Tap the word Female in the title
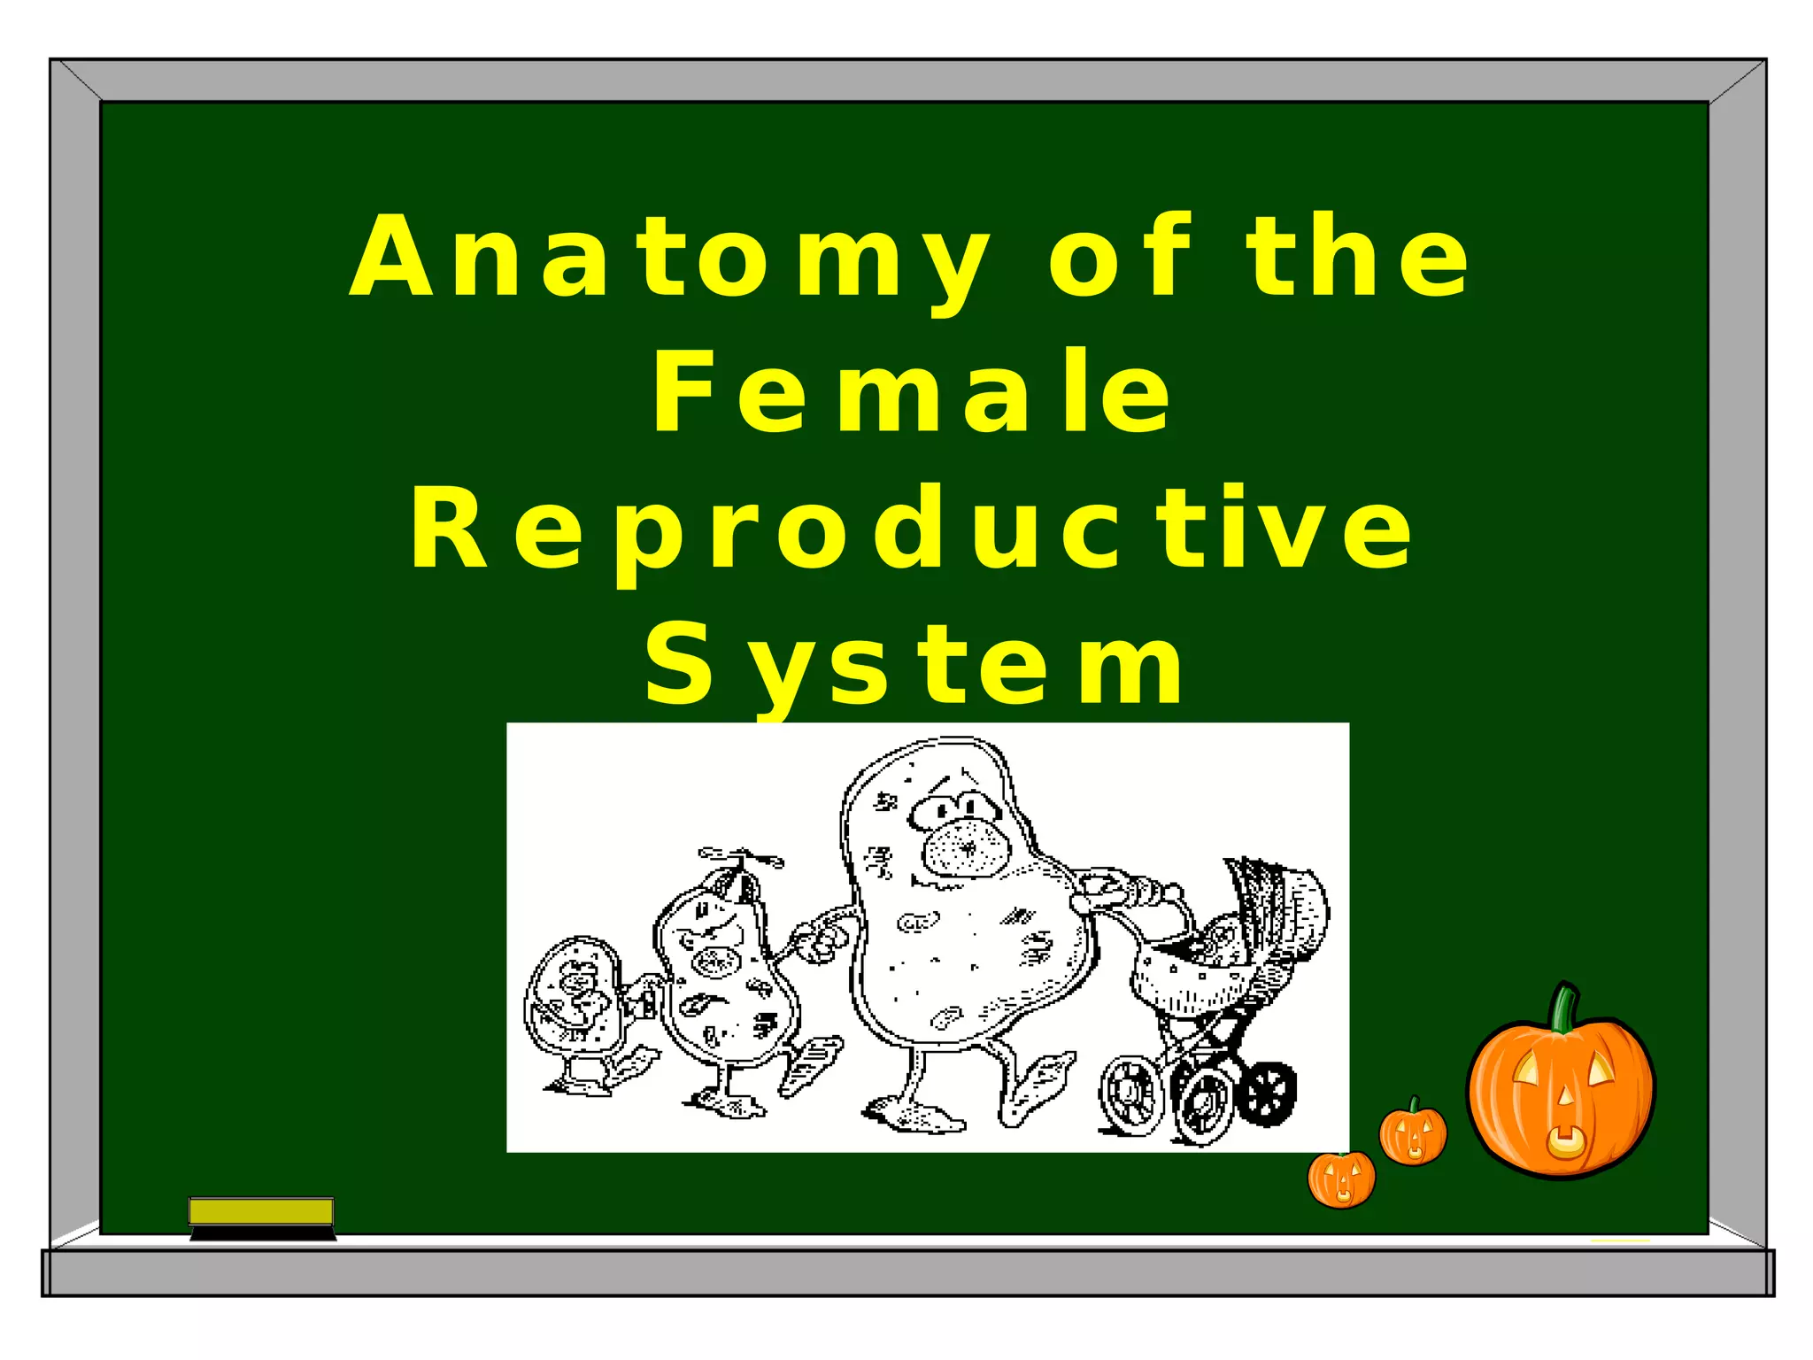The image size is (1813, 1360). click(912, 391)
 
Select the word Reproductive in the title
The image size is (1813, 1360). click(912, 529)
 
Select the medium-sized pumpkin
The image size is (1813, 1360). click(1413, 1134)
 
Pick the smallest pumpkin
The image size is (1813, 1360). click(1342, 1179)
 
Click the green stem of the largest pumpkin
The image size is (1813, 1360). click(1563, 1009)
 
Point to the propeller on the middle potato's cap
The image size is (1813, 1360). click(740, 856)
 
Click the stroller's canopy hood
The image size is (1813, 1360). click(1285, 903)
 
